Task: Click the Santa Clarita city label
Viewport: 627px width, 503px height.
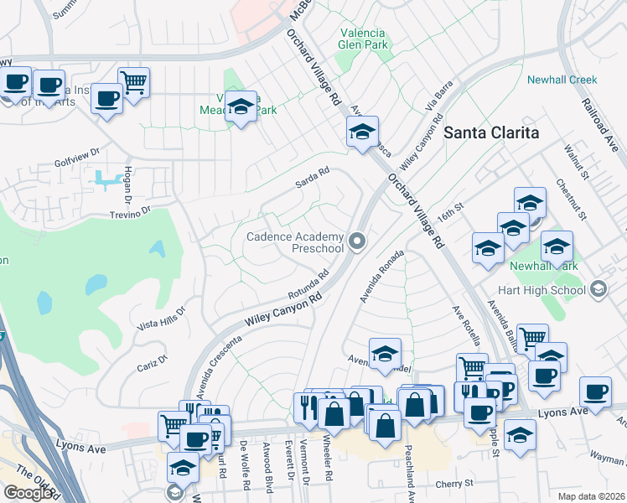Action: [x=490, y=132]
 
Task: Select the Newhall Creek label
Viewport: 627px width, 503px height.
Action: [x=562, y=80]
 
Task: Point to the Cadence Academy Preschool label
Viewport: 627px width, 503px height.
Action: [x=295, y=242]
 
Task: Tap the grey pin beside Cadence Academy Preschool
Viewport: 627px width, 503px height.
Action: [x=358, y=243]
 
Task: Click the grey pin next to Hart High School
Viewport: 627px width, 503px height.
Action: [x=598, y=290]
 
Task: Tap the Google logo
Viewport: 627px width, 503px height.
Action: [x=28, y=492]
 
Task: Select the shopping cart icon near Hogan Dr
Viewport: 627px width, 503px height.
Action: [x=133, y=82]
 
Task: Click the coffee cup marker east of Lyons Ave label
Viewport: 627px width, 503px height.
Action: [x=596, y=392]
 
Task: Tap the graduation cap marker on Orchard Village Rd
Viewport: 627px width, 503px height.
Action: [x=362, y=132]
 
